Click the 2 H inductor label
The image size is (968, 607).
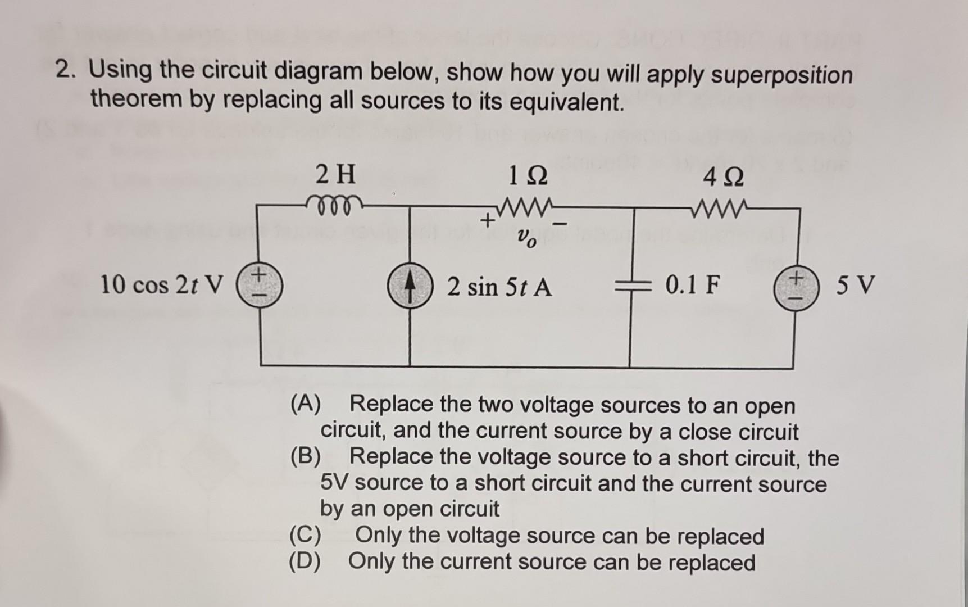pos(335,174)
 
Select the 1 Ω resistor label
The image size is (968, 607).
pos(527,177)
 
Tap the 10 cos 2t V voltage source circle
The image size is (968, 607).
pos(259,286)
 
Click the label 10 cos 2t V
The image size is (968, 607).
pos(161,285)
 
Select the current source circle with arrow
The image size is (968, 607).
pos(410,287)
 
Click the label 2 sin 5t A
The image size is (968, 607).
pos(499,287)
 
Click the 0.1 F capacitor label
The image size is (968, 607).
pos(692,286)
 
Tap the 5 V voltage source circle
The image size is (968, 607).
pos(795,288)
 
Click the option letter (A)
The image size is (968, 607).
pos(306,404)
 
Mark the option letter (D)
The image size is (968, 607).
pos(305,561)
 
